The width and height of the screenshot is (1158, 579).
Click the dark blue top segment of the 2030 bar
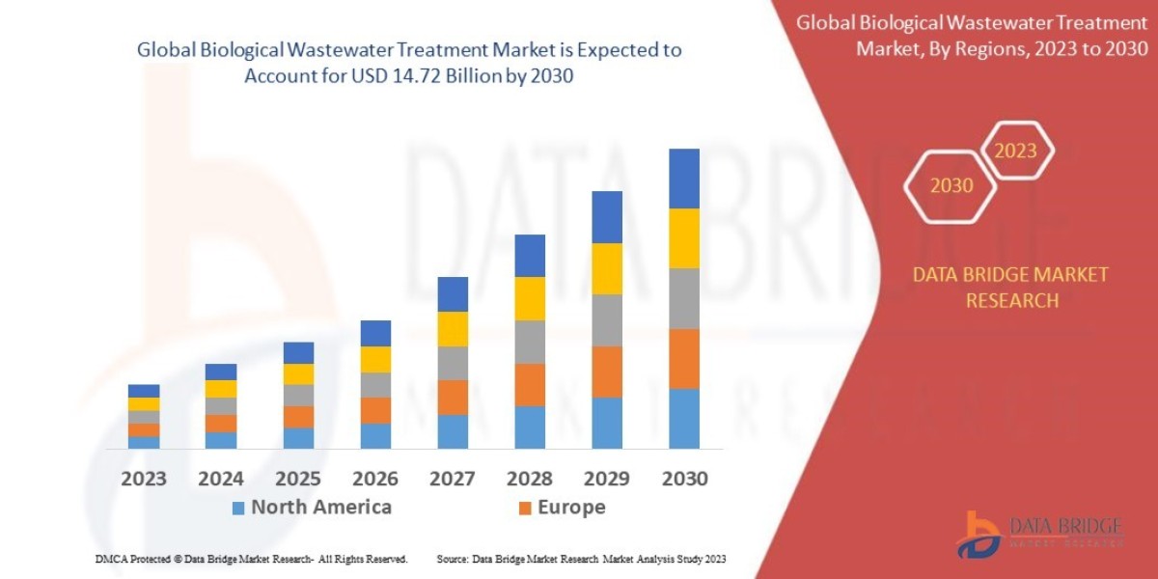point(683,179)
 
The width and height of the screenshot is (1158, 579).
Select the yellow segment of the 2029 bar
point(606,268)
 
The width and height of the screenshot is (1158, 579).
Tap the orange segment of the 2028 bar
point(529,384)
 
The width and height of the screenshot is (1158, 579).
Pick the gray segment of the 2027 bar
point(452,363)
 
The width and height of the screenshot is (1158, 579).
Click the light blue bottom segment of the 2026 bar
point(374,435)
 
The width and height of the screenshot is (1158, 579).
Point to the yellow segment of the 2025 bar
point(298,373)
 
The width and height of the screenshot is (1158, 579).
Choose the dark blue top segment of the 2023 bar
point(144,391)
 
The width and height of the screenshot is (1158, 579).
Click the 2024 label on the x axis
point(221,479)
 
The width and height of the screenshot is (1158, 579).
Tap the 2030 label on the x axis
point(683,479)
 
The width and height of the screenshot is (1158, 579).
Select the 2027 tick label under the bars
point(452,479)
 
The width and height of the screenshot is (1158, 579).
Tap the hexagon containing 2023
point(1015,151)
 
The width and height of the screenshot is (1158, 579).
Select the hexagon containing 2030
point(951,185)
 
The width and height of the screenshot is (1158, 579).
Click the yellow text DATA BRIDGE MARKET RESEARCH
point(1010,288)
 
